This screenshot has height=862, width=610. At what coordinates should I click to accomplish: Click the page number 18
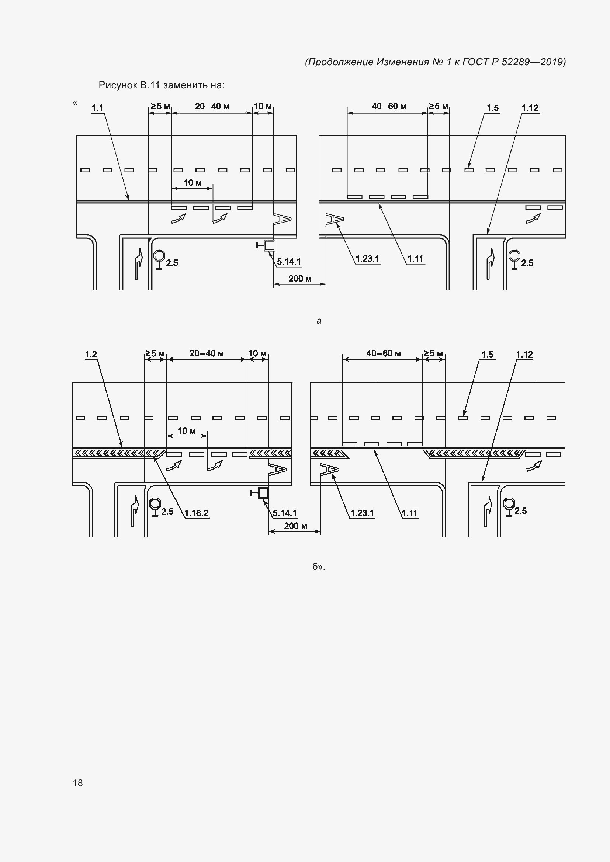78,782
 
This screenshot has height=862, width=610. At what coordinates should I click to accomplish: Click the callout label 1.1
97,108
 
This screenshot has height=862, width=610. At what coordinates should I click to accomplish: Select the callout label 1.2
91,355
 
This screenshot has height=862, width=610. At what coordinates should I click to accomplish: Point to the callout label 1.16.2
197,513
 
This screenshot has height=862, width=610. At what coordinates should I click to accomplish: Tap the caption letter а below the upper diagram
319,321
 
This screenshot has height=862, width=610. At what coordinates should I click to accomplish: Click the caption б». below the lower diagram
319,566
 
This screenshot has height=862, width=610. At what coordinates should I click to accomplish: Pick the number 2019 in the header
551,62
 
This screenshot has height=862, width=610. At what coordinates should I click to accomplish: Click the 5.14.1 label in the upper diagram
289,262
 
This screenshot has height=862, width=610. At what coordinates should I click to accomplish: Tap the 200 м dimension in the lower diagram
296,526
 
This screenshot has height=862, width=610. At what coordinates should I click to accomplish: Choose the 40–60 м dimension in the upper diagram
389,107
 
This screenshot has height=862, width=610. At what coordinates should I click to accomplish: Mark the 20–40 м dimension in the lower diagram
207,353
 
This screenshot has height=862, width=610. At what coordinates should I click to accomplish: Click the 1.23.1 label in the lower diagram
362,513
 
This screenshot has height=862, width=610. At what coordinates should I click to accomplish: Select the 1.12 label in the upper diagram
530,108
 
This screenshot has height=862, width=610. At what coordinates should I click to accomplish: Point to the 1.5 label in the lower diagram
487,355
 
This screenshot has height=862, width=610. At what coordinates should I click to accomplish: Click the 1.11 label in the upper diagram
415,259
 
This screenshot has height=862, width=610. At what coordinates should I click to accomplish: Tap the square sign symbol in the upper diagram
270,245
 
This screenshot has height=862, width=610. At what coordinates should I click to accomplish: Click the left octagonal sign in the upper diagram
159,255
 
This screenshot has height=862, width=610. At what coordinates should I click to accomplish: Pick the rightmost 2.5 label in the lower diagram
521,511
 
